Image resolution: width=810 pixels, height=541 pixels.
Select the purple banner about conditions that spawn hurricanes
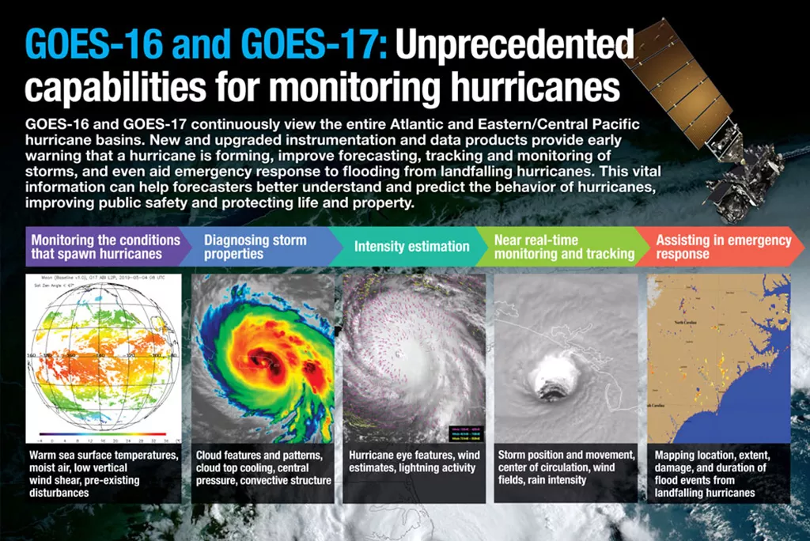pos(107,247)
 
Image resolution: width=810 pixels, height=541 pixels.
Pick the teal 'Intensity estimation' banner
pos(411,247)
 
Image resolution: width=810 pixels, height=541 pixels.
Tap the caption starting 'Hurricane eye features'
pos(413,462)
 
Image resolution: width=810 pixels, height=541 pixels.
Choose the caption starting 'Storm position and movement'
pos(566,468)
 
